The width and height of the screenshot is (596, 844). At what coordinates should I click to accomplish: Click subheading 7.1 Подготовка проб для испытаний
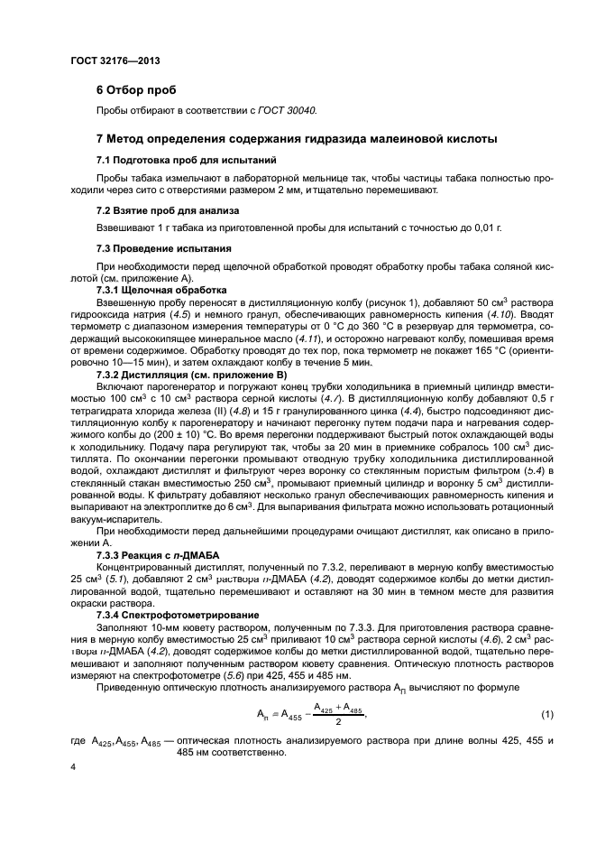point(167,160)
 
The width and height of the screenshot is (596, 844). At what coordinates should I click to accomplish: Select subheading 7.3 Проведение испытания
point(152,247)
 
